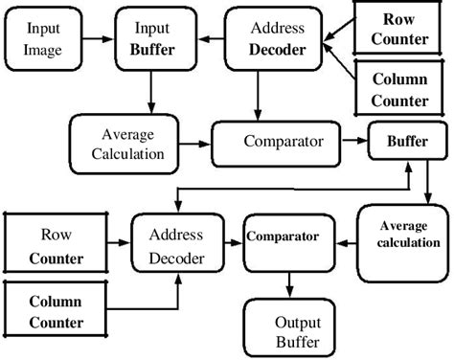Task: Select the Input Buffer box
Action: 150,38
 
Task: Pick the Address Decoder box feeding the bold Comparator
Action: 177,245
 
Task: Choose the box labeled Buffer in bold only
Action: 406,141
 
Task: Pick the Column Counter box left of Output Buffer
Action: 56,311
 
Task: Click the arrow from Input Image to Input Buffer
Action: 97,37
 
